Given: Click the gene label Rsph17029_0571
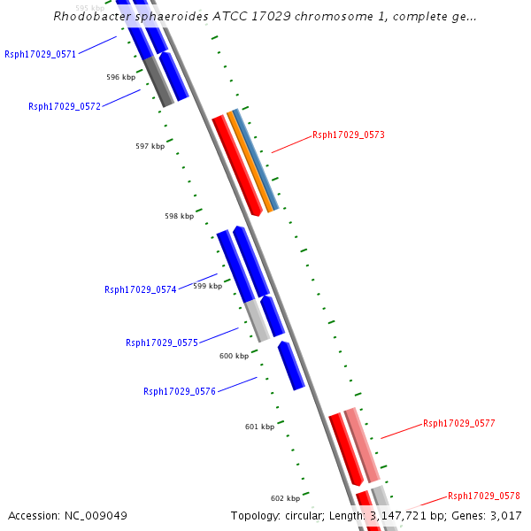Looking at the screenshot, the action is (40, 54).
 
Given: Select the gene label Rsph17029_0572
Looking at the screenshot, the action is (64, 106).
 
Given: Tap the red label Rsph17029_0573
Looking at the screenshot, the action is (349, 135).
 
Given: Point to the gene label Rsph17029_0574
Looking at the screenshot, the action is (140, 289).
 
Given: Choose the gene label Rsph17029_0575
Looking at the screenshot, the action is (161, 342).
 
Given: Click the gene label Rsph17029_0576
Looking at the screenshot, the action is (180, 391).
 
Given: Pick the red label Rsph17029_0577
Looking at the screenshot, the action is (458, 423).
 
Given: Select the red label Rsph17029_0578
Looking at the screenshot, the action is (483, 496).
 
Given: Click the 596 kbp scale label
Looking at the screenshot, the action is (120, 77).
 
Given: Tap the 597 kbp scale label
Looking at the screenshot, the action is (150, 146).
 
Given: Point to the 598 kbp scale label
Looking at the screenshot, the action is (179, 216).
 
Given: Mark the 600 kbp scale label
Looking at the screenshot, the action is (234, 356).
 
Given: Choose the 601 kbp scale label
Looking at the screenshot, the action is (259, 427).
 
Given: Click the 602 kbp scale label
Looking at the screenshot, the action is (285, 497).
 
